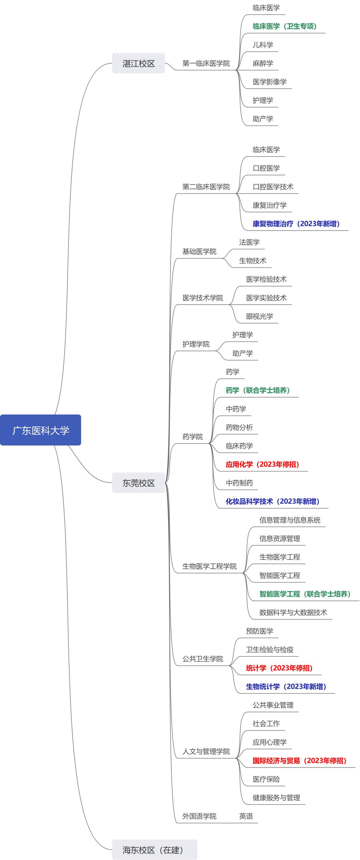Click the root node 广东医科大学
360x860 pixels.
coord(40,430)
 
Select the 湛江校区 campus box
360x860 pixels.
coord(139,63)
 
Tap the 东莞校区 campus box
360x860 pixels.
coord(139,483)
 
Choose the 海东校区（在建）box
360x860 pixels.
coord(155,850)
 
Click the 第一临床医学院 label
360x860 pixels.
coord(206,63)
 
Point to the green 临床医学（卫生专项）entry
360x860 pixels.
coord(285,26)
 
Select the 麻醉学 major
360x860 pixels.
coord(263,63)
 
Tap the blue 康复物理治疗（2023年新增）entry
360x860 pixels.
coord(296,224)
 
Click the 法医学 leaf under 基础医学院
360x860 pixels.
coord(249,242)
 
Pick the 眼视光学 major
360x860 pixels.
coord(259,316)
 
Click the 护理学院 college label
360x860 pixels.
coord(196,344)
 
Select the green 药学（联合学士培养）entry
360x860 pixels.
coord(257,390)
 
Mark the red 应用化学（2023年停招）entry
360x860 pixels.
coord(262,464)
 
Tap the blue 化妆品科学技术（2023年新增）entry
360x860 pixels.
coord(273,501)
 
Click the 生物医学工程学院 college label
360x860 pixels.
coord(209,566)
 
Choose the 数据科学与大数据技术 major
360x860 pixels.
coord(293,612)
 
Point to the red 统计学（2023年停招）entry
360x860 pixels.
coord(279,668)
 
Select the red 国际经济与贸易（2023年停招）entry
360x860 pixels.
coord(299,760)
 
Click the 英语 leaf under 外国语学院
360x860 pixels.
coord(246,816)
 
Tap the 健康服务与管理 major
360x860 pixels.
coord(276,798)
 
